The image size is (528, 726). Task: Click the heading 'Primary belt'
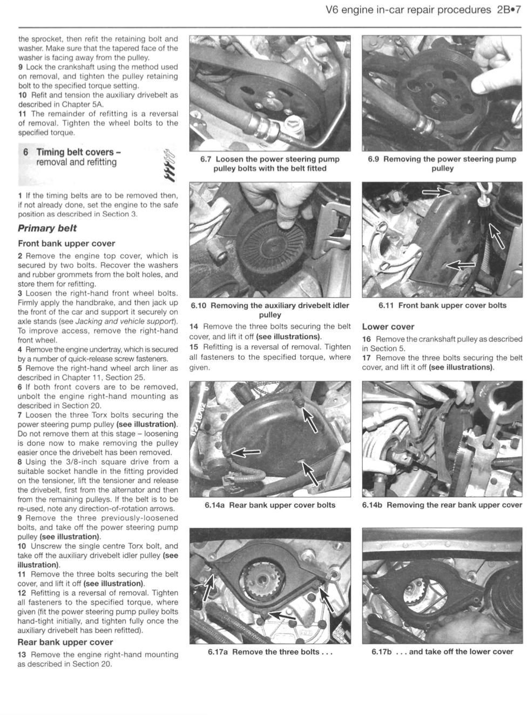click(x=47, y=228)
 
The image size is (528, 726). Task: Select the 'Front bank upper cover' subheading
click(x=66, y=243)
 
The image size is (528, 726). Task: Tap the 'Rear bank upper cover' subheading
click(x=65, y=642)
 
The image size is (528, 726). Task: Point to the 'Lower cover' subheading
click(x=388, y=327)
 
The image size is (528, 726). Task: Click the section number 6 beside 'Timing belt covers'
click(x=25, y=153)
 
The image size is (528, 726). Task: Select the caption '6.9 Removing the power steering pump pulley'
click(x=442, y=163)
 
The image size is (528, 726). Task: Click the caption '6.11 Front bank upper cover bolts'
click(x=442, y=305)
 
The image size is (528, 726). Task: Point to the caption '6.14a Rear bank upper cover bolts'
click(x=270, y=505)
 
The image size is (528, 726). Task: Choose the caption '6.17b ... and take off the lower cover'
click(x=442, y=652)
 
